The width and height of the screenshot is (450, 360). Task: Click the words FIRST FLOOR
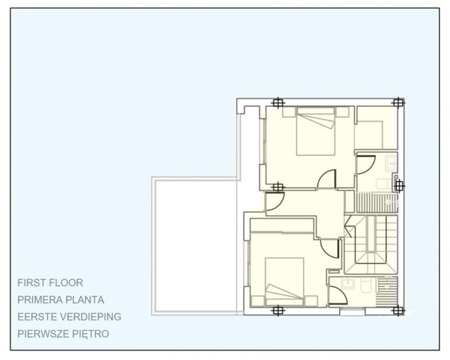click(51, 283)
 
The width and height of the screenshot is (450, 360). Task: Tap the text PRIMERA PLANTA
click(62, 300)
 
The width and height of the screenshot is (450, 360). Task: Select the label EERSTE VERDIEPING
click(70, 317)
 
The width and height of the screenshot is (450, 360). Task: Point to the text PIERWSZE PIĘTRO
click(64, 334)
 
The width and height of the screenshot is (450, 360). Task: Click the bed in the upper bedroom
click(315, 133)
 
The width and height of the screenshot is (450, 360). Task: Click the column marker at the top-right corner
click(399, 103)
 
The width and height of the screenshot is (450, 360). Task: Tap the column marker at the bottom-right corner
click(398, 311)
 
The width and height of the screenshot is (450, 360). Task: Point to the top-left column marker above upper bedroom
click(277, 103)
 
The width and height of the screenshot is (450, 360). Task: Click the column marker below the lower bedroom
click(277, 311)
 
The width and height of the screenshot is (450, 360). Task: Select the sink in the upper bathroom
click(390, 163)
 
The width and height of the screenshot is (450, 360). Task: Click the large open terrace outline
click(196, 244)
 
